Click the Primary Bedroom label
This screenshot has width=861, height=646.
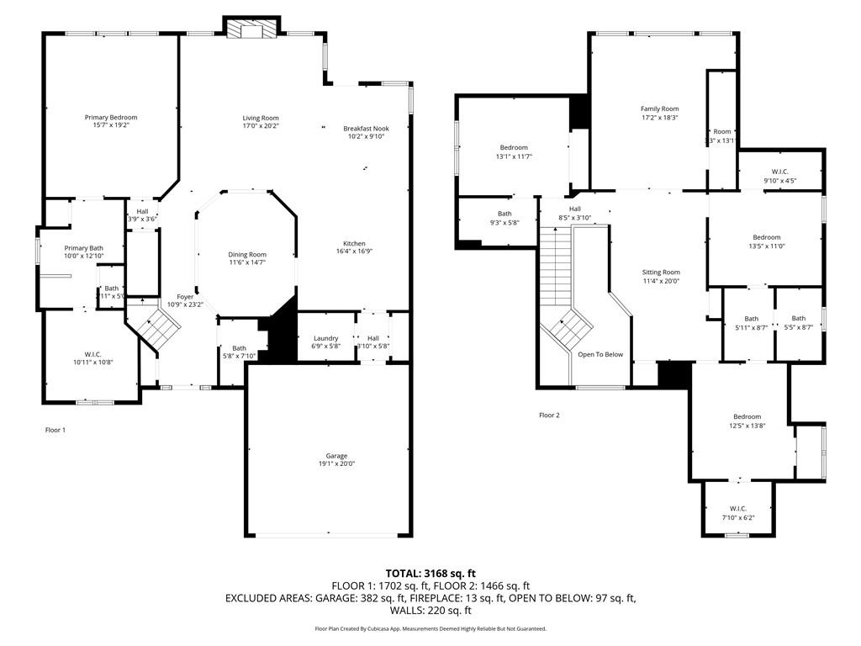pyautogui.click(x=110, y=117)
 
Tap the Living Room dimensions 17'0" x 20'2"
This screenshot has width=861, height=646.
pyautogui.click(x=260, y=126)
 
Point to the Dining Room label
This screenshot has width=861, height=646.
pyautogui.click(x=247, y=254)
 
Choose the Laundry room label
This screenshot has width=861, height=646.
pyautogui.click(x=325, y=338)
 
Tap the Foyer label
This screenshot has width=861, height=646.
pyautogui.click(x=185, y=296)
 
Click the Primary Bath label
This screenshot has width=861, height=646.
pyautogui.click(x=83, y=248)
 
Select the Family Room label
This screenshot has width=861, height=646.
pyautogui.click(x=659, y=109)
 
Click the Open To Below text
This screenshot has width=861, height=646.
pyautogui.click(x=600, y=354)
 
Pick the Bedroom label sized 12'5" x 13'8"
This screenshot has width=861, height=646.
pyautogui.click(x=747, y=417)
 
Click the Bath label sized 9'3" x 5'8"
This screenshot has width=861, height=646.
pyautogui.click(x=504, y=214)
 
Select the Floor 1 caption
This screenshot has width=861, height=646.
pyautogui.click(x=55, y=430)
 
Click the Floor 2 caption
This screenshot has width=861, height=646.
pyautogui.click(x=549, y=415)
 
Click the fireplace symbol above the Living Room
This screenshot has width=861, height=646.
pyautogui.click(x=251, y=29)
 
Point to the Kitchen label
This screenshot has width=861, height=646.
pyautogui.click(x=354, y=243)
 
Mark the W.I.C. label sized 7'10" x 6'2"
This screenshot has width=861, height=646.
pyautogui.click(x=738, y=508)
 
